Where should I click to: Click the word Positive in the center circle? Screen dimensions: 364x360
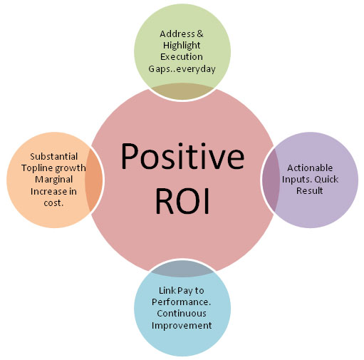[x=182, y=157]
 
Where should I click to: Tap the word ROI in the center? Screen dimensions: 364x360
[x=182, y=201]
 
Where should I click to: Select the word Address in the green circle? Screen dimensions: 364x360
[x=177, y=34]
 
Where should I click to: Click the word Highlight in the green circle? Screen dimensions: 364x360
[x=182, y=46]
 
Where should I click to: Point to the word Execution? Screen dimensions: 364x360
[x=182, y=57]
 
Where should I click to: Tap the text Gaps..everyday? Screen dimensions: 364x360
[x=182, y=69]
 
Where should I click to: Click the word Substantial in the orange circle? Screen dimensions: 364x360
[x=54, y=157]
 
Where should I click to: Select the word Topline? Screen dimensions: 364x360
[x=36, y=168]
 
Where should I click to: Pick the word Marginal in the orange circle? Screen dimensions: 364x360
[x=54, y=180]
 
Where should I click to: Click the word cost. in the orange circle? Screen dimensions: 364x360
[x=53, y=203]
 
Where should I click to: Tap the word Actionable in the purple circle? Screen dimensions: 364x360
[x=310, y=168]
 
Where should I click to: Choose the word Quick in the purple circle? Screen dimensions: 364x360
[x=326, y=180]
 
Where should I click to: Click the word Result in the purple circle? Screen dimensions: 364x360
[x=310, y=191]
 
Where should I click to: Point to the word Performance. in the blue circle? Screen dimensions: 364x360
[x=182, y=302]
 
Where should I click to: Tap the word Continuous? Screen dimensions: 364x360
[x=182, y=314]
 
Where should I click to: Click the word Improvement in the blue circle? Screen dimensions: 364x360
[x=182, y=326]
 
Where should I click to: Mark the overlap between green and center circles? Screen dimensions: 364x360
[x=182, y=92]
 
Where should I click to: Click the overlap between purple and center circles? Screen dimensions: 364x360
[x=271, y=180]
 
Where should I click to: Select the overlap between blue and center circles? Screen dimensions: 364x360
[x=182, y=269]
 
